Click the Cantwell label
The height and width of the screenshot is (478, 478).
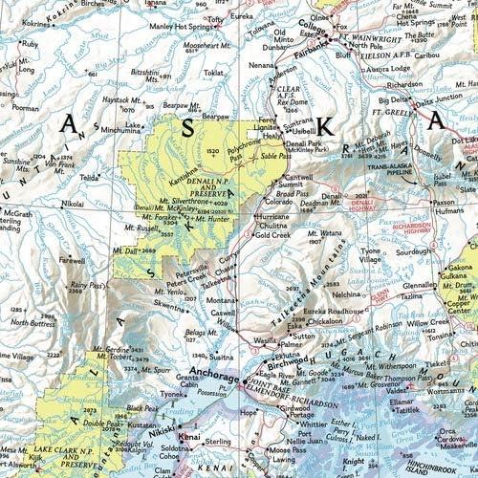coord(296,175)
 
